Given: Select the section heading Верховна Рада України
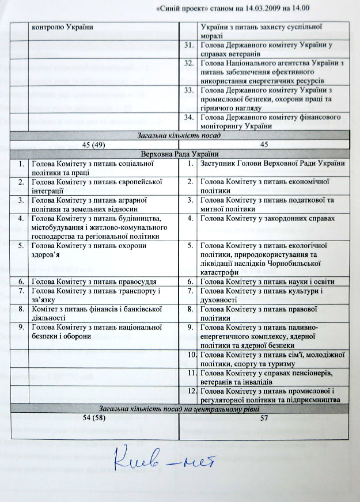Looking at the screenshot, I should click(x=183, y=154).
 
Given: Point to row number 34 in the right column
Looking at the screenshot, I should click(x=188, y=119).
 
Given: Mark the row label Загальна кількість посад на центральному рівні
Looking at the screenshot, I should click(x=183, y=408).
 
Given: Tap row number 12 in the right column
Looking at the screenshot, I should click(x=188, y=392).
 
